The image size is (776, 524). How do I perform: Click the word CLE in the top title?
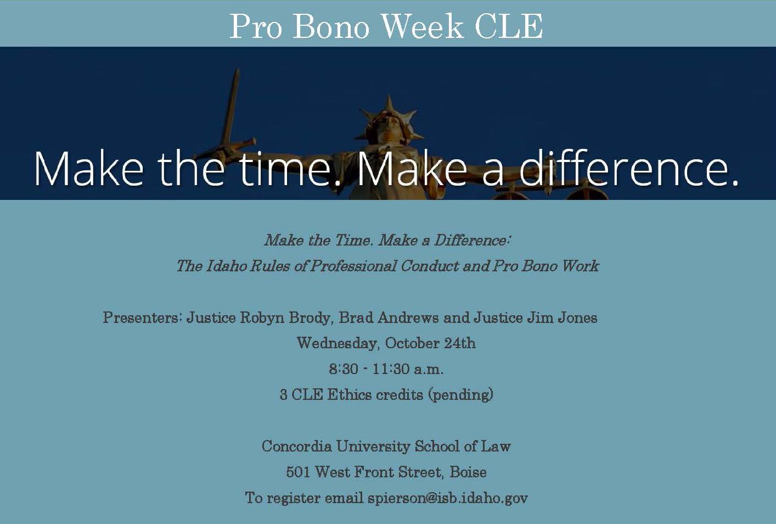(509, 26)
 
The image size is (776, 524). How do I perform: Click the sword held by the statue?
(229, 114)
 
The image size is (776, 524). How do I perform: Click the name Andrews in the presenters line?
(408, 317)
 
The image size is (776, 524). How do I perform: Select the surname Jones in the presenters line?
(577, 317)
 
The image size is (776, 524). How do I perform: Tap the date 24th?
(459, 343)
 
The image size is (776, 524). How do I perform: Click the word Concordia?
(296, 446)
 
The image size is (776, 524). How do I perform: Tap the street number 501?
(297, 472)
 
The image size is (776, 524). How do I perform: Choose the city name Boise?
(468, 472)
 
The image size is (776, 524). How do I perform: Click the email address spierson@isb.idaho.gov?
(448, 498)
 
